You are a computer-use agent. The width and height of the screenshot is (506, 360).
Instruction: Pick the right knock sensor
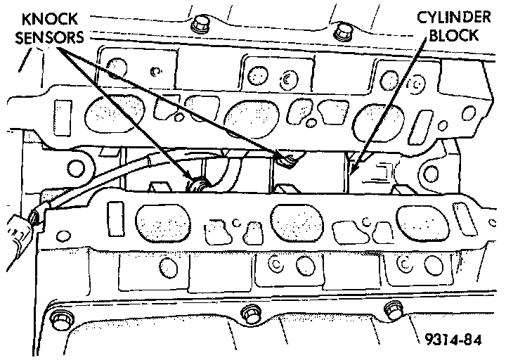click(x=286, y=161)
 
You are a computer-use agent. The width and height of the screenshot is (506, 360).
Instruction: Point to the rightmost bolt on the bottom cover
click(x=391, y=310)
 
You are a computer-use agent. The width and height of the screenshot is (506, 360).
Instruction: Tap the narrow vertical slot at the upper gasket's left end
click(x=62, y=112)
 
